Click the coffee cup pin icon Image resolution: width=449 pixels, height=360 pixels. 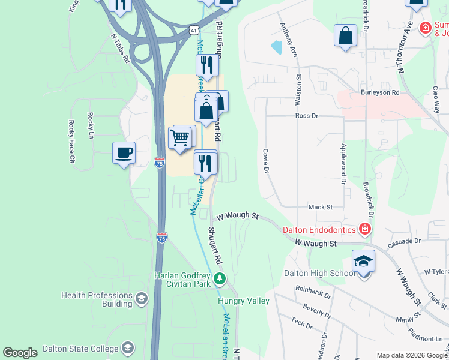(x=124, y=153)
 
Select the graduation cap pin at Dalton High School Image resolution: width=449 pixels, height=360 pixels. (x=363, y=262)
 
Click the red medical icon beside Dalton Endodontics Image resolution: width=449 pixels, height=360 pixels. (x=364, y=229)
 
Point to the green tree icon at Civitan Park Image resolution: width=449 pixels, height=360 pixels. (x=220, y=278)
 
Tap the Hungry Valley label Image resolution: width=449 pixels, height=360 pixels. (x=244, y=301)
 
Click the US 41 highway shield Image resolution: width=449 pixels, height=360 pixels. (x=193, y=29)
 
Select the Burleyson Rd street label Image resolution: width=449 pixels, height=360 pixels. (x=380, y=92)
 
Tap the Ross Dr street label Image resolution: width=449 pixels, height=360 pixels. (x=306, y=115)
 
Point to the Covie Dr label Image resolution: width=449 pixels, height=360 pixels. (x=264, y=161)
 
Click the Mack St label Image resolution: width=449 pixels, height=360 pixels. (x=320, y=207)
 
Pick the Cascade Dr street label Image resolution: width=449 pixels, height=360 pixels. (x=405, y=241)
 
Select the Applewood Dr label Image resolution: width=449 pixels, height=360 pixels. (x=344, y=163)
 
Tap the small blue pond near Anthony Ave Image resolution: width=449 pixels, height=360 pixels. (x=277, y=46)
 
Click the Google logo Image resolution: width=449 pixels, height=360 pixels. (x=20, y=353)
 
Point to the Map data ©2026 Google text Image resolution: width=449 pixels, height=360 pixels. (x=411, y=355)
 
